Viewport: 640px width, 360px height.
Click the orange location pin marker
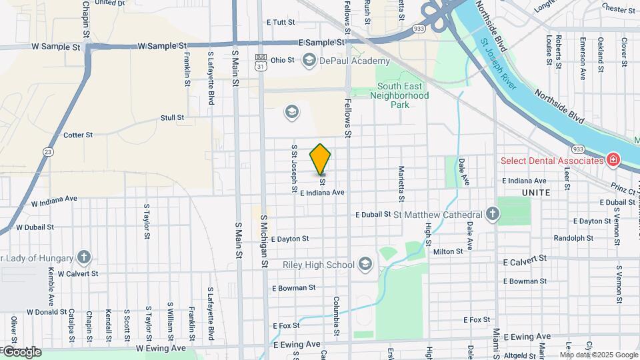tap(321, 159)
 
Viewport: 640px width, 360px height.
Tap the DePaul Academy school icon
tap(309, 61)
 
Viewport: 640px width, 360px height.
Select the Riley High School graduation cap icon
tap(365, 265)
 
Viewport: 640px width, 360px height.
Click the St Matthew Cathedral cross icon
tap(492, 214)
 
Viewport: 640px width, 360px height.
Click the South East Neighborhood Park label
tap(403, 95)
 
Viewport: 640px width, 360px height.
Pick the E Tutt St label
tap(280, 22)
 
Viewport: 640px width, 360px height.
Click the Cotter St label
tap(78, 135)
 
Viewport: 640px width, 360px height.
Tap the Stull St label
tap(172, 117)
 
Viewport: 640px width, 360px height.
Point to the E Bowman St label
tap(293, 288)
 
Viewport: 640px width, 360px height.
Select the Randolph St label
tap(573, 238)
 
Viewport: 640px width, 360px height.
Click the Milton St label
tap(448, 251)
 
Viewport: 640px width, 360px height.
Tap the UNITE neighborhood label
tap(536, 193)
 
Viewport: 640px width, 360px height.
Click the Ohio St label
tap(282, 60)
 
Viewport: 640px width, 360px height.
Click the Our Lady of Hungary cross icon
tap(83, 257)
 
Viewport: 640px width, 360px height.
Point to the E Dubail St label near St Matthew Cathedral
tap(373, 215)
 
